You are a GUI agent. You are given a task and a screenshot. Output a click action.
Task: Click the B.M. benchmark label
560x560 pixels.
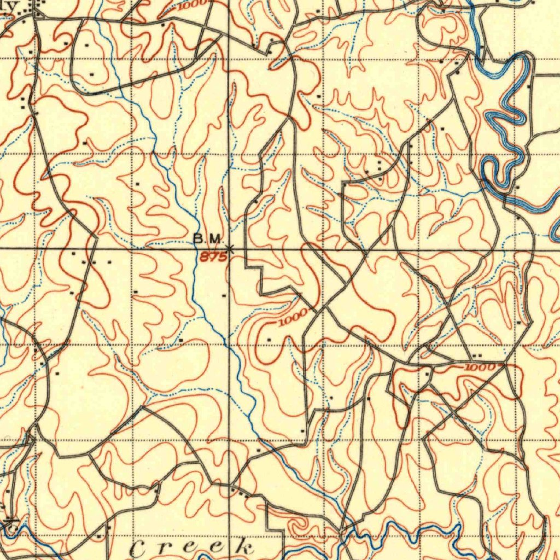(x=208, y=239)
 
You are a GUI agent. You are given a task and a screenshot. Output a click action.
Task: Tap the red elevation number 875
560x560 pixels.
(x=212, y=257)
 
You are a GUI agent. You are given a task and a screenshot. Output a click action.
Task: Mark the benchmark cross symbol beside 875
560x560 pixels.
(x=229, y=249)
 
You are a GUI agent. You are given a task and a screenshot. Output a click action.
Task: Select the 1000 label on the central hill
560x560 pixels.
(x=293, y=319)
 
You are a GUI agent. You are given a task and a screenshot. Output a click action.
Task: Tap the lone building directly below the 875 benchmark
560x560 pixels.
(x=225, y=295)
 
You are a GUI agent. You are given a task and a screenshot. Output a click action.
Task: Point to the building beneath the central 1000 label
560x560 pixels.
(x=269, y=340)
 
